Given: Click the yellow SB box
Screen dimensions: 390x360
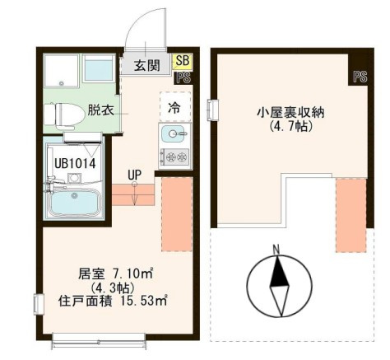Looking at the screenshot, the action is pyautogui.click(x=183, y=61).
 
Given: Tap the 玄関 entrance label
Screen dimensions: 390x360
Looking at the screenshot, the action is pyautogui.click(x=147, y=66).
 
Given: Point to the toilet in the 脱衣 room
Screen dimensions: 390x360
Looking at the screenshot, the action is pyautogui.click(x=64, y=115).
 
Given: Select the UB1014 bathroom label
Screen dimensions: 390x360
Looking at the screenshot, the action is pyautogui.click(x=75, y=164).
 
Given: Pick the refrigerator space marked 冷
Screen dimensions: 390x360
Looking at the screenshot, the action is pyautogui.click(x=175, y=107).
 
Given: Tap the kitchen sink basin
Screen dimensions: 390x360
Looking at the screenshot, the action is pyautogui.click(x=173, y=134).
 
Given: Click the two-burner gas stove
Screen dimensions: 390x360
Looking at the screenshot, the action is pyautogui.click(x=175, y=157).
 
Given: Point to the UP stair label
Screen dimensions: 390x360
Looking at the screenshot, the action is pyautogui.click(x=134, y=174).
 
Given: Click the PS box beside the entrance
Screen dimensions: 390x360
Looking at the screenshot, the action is pyautogui.click(x=183, y=77).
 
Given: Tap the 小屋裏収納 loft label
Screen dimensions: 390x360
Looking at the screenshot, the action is pyautogui.click(x=290, y=113).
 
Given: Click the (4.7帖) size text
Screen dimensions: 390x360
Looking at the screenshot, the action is pyautogui.click(x=290, y=126).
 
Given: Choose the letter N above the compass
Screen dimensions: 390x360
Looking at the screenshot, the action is pyautogui.click(x=276, y=250).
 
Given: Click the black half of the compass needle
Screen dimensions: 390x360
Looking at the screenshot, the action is pyautogui.click(x=279, y=272).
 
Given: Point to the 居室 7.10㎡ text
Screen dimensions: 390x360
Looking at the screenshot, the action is pyautogui.click(x=115, y=274).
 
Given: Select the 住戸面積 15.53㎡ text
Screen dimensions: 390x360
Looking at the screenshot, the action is pyautogui.click(x=113, y=301).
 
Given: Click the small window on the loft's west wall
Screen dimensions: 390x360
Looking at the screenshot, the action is pyautogui.click(x=213, y=110).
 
